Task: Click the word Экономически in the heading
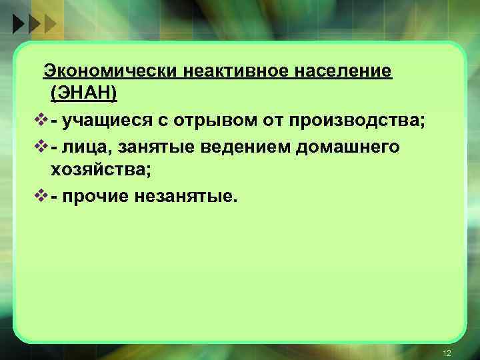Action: coord(103,71)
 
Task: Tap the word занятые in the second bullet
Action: coord(136,147)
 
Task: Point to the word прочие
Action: coord(93,197)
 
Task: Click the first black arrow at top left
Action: coord(19,25)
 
